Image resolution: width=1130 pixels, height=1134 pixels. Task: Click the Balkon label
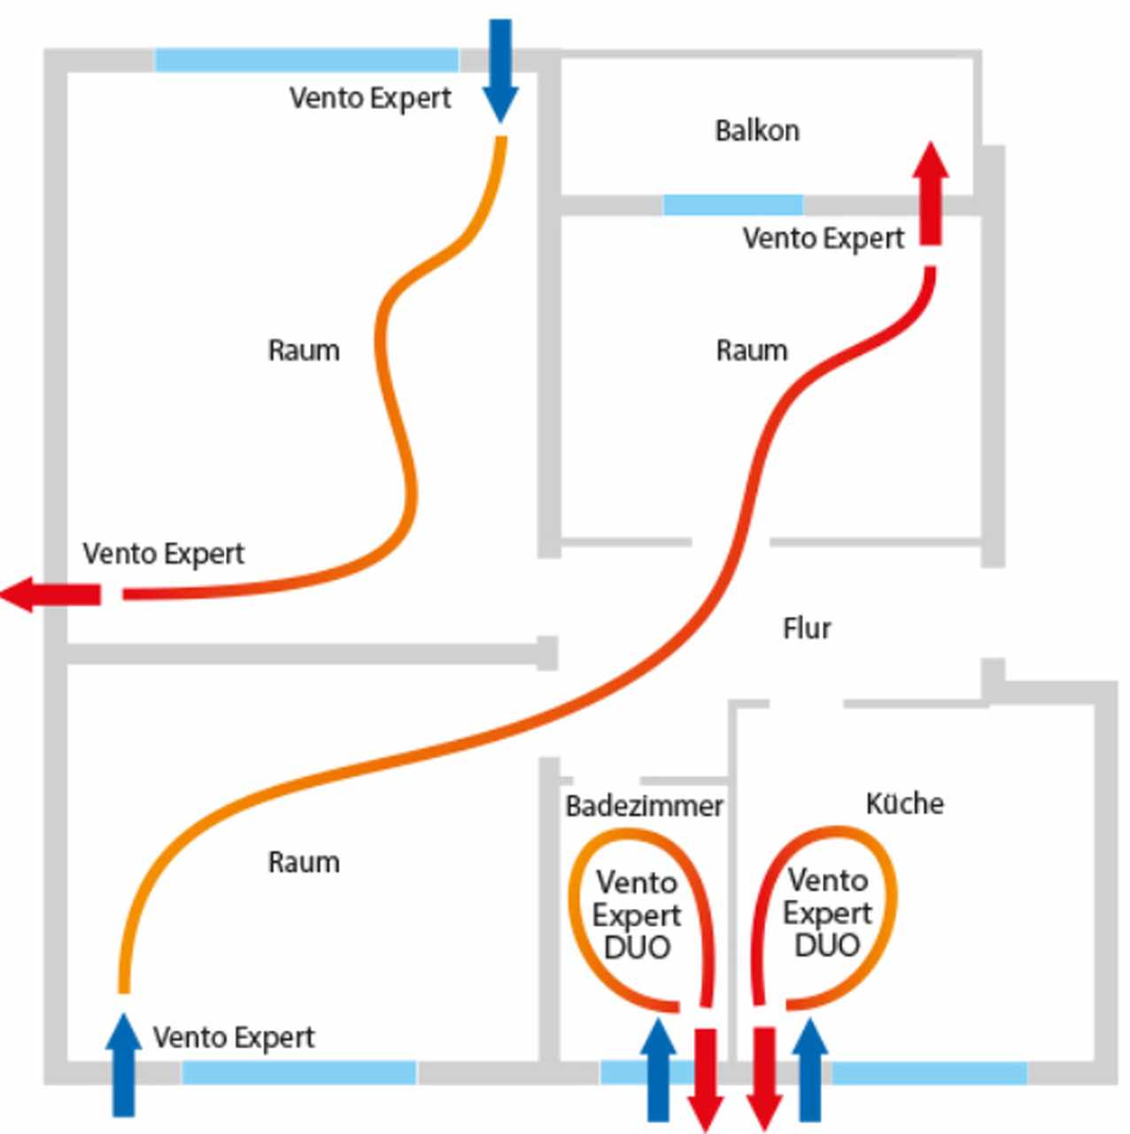click(x=757, y=131)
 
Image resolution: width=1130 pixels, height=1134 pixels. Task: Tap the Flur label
click(x=806, y=628)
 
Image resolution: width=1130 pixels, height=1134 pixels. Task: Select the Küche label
click(x=904, y=804)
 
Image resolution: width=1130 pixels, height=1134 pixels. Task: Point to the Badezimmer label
click(x=644, y=806)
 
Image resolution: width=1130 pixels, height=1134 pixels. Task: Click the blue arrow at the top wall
click(x=500, y=71)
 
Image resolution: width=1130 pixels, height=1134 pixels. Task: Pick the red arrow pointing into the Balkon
click(x=930, y=195)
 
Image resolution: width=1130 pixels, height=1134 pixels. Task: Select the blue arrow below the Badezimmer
click(x=658, y=1070)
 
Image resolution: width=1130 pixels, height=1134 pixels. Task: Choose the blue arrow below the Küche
click(x=809, y=1070)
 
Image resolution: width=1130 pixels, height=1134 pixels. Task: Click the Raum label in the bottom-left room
click(x=304, y=862)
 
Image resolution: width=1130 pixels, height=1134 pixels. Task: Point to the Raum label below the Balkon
click(x=752, y=351)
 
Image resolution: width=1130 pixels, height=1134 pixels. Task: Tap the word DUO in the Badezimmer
click(x=637, y=948)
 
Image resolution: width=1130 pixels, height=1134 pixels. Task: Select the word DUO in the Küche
click(x=827, y=945)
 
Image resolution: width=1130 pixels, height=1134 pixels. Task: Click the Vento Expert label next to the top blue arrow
click(x=370, y=97)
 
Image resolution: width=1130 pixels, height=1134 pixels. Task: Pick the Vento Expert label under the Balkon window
click(x=824, y=238)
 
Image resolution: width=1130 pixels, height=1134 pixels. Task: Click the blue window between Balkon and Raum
click(x=732, y=206)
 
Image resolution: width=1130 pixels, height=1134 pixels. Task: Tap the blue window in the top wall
click(x=306, y=60)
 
